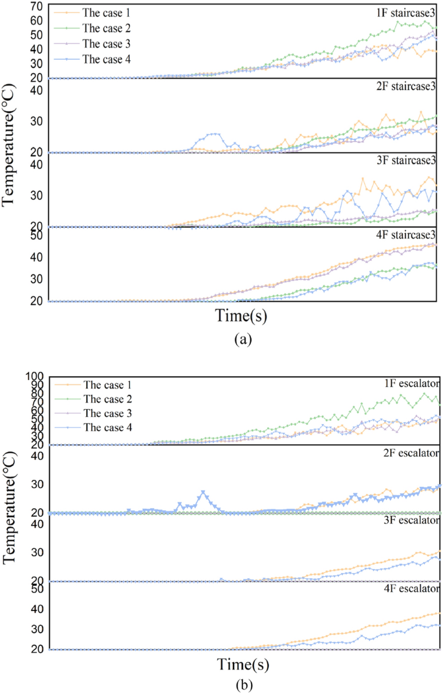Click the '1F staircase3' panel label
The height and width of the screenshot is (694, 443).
pyautogui.click(x=405, y=12)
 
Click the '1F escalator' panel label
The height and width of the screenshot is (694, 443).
pyautogui.click(x=409, y=383)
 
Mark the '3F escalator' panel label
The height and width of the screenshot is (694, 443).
pyautogui.click(x=409, y=520)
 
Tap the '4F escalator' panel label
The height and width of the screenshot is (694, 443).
pyautogui.click(x=409, y=588)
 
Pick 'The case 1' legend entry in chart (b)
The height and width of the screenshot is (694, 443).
pyautogui.click(x=107, y=385)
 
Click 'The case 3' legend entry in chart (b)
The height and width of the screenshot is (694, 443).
pyautogui.click(x=107, y=414)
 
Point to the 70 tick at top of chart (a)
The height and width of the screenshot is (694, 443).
pyautogui.click(x=36, y=6)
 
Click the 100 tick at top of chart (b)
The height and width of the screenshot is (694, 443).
pyautogui.click(x=34, y=376)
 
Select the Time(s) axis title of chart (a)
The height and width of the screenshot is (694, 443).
pyautogui.click(x=242, y=316)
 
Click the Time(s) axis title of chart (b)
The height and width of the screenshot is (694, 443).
pyautogui.click(x=243, y=665)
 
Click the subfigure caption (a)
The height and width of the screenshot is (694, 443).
pyautogui.click(x=242, y=337)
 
